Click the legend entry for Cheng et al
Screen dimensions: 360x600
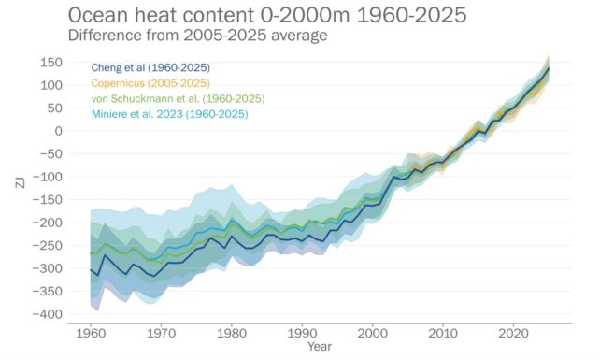click(150, 68)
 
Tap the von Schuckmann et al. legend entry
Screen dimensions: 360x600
click(178, 98)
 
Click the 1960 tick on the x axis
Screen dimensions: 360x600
click(91, 333)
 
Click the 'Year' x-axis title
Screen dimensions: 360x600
click(320, 347)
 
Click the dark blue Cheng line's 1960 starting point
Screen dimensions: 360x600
click(91, 269)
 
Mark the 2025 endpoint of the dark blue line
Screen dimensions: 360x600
click(549, 68)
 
